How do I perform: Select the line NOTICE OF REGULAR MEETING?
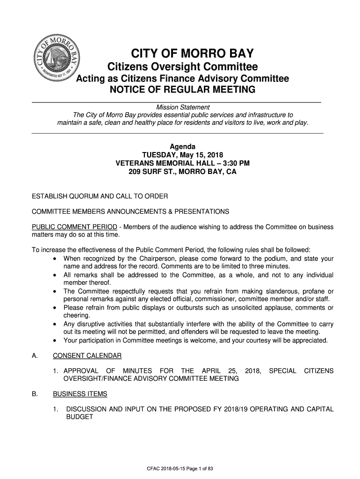coord(182,90)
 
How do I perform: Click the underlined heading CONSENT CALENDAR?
coord(87,356)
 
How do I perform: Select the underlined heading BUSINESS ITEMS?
coord(80,394)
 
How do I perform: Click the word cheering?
coord(77,316)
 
